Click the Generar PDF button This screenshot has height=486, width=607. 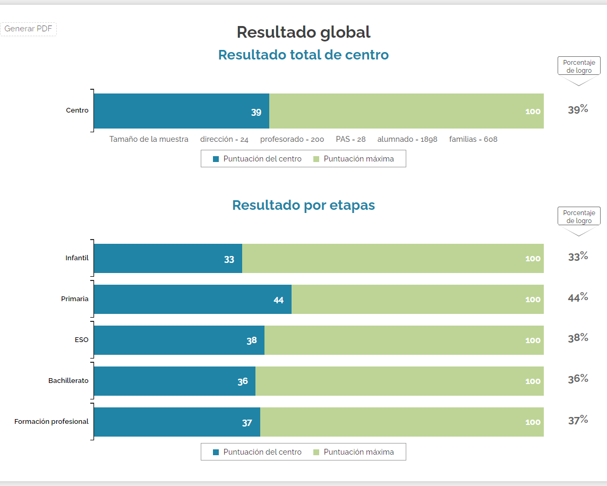pos(28,29)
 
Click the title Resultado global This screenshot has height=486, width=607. pos(303,32)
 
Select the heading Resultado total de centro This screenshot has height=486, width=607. pos(303,55)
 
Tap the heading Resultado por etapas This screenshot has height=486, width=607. pos(303,205)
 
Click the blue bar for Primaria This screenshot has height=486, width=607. pos(192,299)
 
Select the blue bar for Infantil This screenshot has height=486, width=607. pos(168,259)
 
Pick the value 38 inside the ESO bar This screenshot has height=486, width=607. pos(252,340)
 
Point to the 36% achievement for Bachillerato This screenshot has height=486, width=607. pos(578,379)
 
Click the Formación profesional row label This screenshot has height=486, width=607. pos(52,422)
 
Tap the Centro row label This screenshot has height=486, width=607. pos(77,110)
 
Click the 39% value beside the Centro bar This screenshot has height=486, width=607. pos(578,109)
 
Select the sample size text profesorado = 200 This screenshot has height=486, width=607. pos(292,139)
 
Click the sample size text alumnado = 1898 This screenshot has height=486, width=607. pos(407,139)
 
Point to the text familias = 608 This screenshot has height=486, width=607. pos(473,139)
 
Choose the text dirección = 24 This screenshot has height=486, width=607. pos(224,139)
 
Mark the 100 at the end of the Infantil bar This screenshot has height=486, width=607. pos(533,259)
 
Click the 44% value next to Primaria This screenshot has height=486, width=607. pos(578,297)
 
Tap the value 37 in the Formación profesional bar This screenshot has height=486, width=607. pos(247,423)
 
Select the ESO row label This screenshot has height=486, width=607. pos(82,340)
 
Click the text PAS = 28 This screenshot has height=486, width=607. pos(350,139)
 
